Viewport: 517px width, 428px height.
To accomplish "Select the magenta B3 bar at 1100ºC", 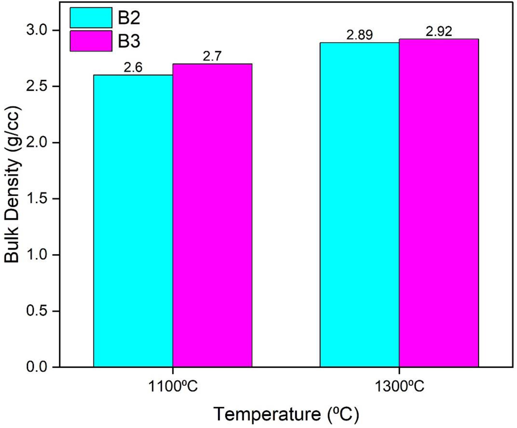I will click(212, 215).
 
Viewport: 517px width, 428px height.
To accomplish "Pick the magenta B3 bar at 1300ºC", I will click(439, 203).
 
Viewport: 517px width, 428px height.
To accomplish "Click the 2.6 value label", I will click(133, 67).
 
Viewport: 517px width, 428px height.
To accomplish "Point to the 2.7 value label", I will click(212, 56).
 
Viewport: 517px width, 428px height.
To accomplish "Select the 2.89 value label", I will click(359, 35).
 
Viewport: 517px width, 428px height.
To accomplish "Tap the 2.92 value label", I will click(439, 32).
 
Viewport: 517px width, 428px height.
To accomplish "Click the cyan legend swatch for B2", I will click(91, 18).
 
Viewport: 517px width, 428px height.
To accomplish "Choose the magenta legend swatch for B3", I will click(91, 41).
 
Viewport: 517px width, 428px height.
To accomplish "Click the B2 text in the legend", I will click(129, 18).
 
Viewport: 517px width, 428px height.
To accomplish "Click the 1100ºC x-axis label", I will click(173, 387).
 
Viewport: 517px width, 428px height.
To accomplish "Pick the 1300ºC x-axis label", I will click(399, 387).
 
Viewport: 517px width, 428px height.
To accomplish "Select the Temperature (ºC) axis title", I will click(286, 414).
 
